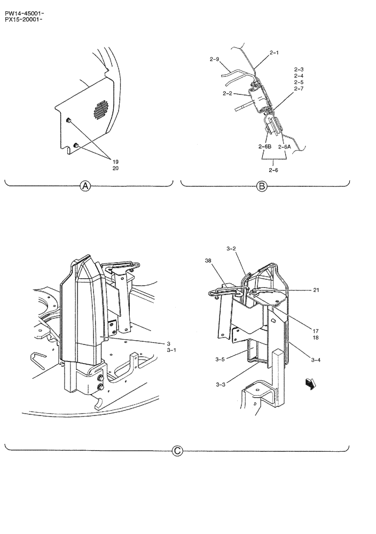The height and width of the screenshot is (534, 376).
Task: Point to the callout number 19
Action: click(x=115, y=161)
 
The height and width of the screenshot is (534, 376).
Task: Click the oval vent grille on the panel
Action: click(x=99, y=110)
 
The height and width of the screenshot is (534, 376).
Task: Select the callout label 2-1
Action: click(x=275, y=53)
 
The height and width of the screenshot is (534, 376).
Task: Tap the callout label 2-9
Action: click(x=214, y=60)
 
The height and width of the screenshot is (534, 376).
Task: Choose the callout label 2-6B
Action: click(x=264, y=146)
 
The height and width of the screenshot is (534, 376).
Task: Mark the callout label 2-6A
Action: click(x=284, y=146)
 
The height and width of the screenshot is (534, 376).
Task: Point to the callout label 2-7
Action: click(x=299, y=89)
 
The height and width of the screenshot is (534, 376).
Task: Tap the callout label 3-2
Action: click(x=231, y=248)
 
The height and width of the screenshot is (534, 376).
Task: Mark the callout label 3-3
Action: click(x=221, y=384)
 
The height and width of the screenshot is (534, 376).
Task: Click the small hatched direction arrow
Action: click(x=309, y=382)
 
